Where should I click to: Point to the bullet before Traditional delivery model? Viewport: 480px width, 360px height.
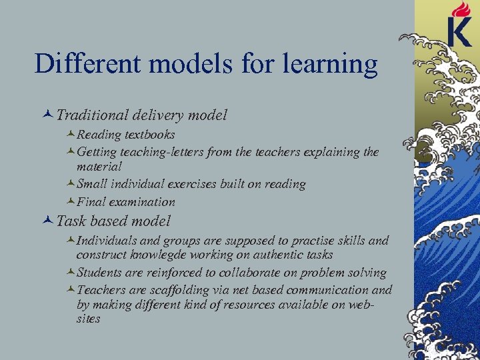point(49,115)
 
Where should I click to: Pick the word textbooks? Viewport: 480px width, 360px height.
point(149,135)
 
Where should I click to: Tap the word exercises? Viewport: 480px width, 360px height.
point(211,184)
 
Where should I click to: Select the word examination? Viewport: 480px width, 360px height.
point(143,201)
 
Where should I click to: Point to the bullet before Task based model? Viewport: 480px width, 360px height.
point(49,221)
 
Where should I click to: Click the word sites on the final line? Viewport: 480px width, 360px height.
point(88,319)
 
